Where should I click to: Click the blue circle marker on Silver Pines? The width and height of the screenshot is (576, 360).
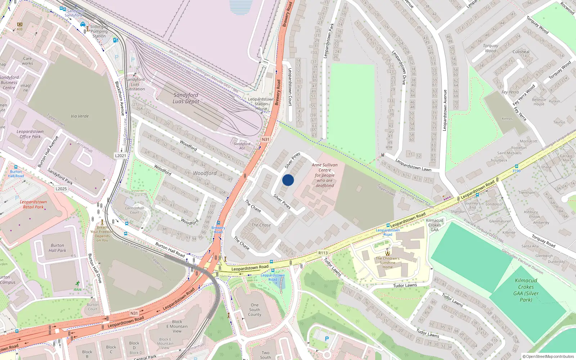tap(288, 180)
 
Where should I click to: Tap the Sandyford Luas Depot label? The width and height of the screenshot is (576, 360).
tap(186, 98)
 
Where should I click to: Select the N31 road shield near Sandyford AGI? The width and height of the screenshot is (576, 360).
tap(265, 139)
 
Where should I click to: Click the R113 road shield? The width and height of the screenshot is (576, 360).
tap(323, 253)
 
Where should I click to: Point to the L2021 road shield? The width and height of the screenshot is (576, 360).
tap(121, 156)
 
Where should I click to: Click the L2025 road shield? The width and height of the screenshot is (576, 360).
tap(61, 189)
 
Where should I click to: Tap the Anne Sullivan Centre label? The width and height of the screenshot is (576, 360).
tap(325, 175)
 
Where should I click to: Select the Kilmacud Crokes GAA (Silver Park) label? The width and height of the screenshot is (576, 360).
tap(526, 290)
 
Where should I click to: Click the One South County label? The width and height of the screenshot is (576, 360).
tap(255, 310)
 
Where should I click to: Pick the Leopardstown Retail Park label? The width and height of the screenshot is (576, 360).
tap(33, 204)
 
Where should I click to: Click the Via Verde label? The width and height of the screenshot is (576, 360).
tap(80, 116)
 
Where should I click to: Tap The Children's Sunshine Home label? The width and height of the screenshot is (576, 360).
tap(387, 262)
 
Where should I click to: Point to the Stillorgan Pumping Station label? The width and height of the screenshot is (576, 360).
tap(99, 31)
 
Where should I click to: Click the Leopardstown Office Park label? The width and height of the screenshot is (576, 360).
tap(30, 134)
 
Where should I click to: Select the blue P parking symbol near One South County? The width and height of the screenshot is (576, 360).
tap(327, 339)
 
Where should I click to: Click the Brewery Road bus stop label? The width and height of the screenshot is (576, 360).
tap(218, 230)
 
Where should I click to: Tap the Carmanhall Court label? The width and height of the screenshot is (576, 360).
tap(134, 210)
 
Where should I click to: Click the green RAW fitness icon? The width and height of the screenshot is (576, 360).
tap(78, 284)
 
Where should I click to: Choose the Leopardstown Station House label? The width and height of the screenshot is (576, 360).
tap(261, 104)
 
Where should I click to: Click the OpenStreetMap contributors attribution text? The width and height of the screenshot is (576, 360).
tap(548, 356)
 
